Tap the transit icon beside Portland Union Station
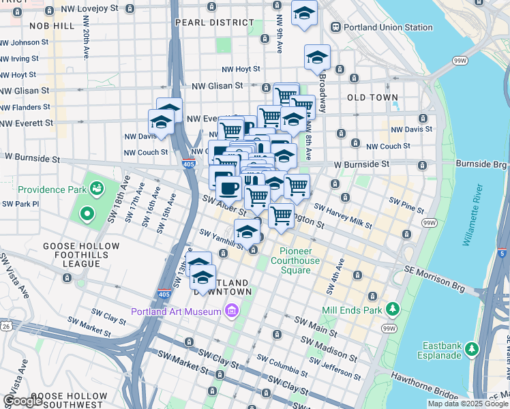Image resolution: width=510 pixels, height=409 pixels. click(335, 27)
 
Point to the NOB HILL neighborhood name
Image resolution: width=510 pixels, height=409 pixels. click(52, 25)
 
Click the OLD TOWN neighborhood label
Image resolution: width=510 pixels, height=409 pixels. click(372, 97)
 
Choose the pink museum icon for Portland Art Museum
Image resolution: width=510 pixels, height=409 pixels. click(232, 312)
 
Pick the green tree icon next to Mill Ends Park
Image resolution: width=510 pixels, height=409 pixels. click(392, 309)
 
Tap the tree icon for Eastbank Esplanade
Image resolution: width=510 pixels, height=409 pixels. click(471, 350)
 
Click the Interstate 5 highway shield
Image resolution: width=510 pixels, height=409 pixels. click(502, 254)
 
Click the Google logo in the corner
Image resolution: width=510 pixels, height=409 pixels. click(22, 401)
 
